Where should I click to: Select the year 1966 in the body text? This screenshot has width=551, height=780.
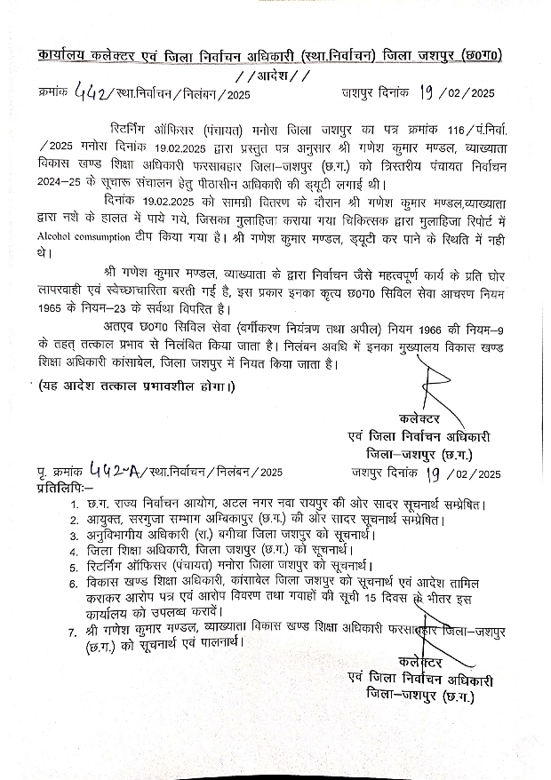(x=384, y=330)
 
